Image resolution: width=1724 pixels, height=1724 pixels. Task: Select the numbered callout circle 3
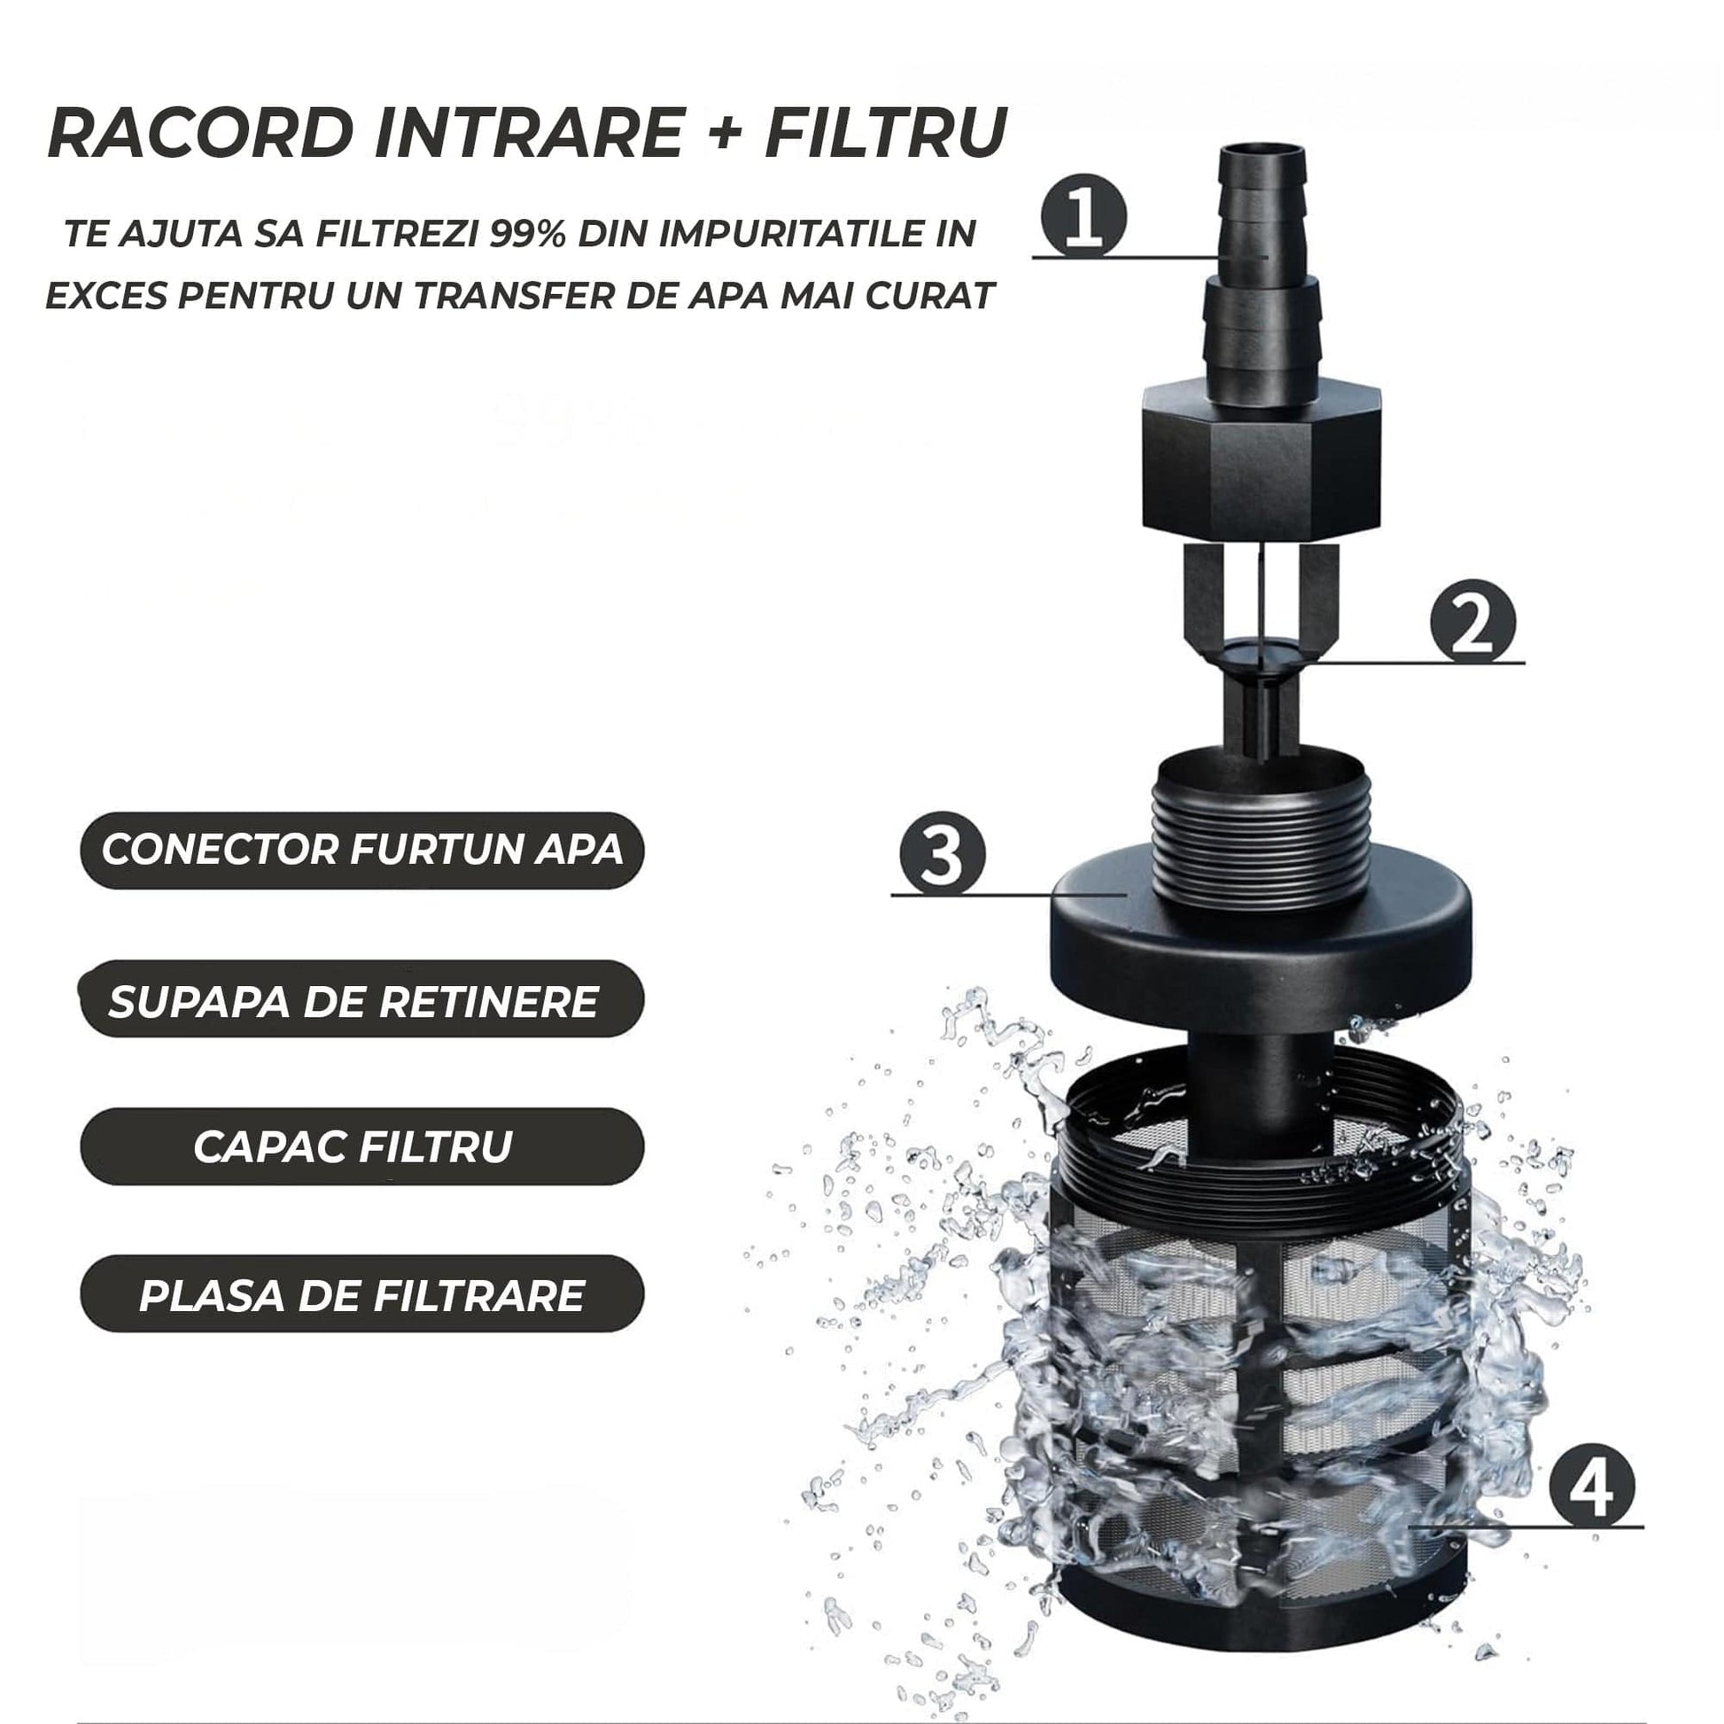(x=943, y=854)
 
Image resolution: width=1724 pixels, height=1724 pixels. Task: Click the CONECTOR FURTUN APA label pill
(x=361, y=850)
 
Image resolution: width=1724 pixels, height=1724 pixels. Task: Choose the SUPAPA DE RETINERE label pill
(x=361, y=999)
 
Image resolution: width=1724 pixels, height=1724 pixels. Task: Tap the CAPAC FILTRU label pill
(x=361, y=1146)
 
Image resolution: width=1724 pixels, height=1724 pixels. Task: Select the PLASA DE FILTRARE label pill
(x=361, y=1295)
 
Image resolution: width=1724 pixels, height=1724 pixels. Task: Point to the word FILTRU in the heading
(x=886, y=133)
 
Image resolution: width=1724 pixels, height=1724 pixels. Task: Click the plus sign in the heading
(x=727, y=134)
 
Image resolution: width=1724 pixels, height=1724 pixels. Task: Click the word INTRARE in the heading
(x=527, y=133)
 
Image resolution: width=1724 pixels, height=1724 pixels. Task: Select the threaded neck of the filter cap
(x=1260, y=830)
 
